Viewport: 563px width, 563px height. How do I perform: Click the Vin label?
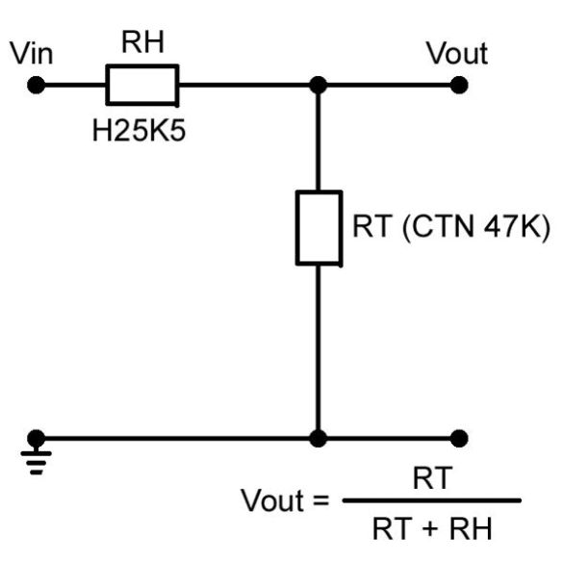tap(32, 53)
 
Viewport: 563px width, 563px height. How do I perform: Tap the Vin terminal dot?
tap(37, 85)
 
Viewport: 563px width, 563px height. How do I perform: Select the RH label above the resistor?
tap(142, 41)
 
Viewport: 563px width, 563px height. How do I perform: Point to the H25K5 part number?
tap(139, 130)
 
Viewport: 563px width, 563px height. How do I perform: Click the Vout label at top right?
tap(457, 53)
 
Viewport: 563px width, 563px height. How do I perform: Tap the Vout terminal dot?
tap(459, 85)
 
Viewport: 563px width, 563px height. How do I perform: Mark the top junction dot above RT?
tap(319, 85)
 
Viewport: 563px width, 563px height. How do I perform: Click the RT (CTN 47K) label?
tap(451, 226)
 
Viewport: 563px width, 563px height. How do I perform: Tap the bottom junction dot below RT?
tap(319, 438)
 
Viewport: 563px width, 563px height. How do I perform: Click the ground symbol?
tap(37, 461)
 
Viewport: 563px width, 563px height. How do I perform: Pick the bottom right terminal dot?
tap(459, 438)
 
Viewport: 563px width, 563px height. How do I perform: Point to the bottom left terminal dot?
tap(37, 438)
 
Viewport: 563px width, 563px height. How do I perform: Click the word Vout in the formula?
tap(273, 499)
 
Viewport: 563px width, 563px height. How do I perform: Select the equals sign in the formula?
tap(320, 500)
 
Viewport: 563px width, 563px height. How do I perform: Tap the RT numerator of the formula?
tap(432, 478)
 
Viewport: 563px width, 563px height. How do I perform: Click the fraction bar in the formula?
tap(431, 499)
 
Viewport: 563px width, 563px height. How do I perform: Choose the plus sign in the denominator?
tap(431, 529)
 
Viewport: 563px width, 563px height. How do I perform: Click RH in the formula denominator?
tap(471, 528)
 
